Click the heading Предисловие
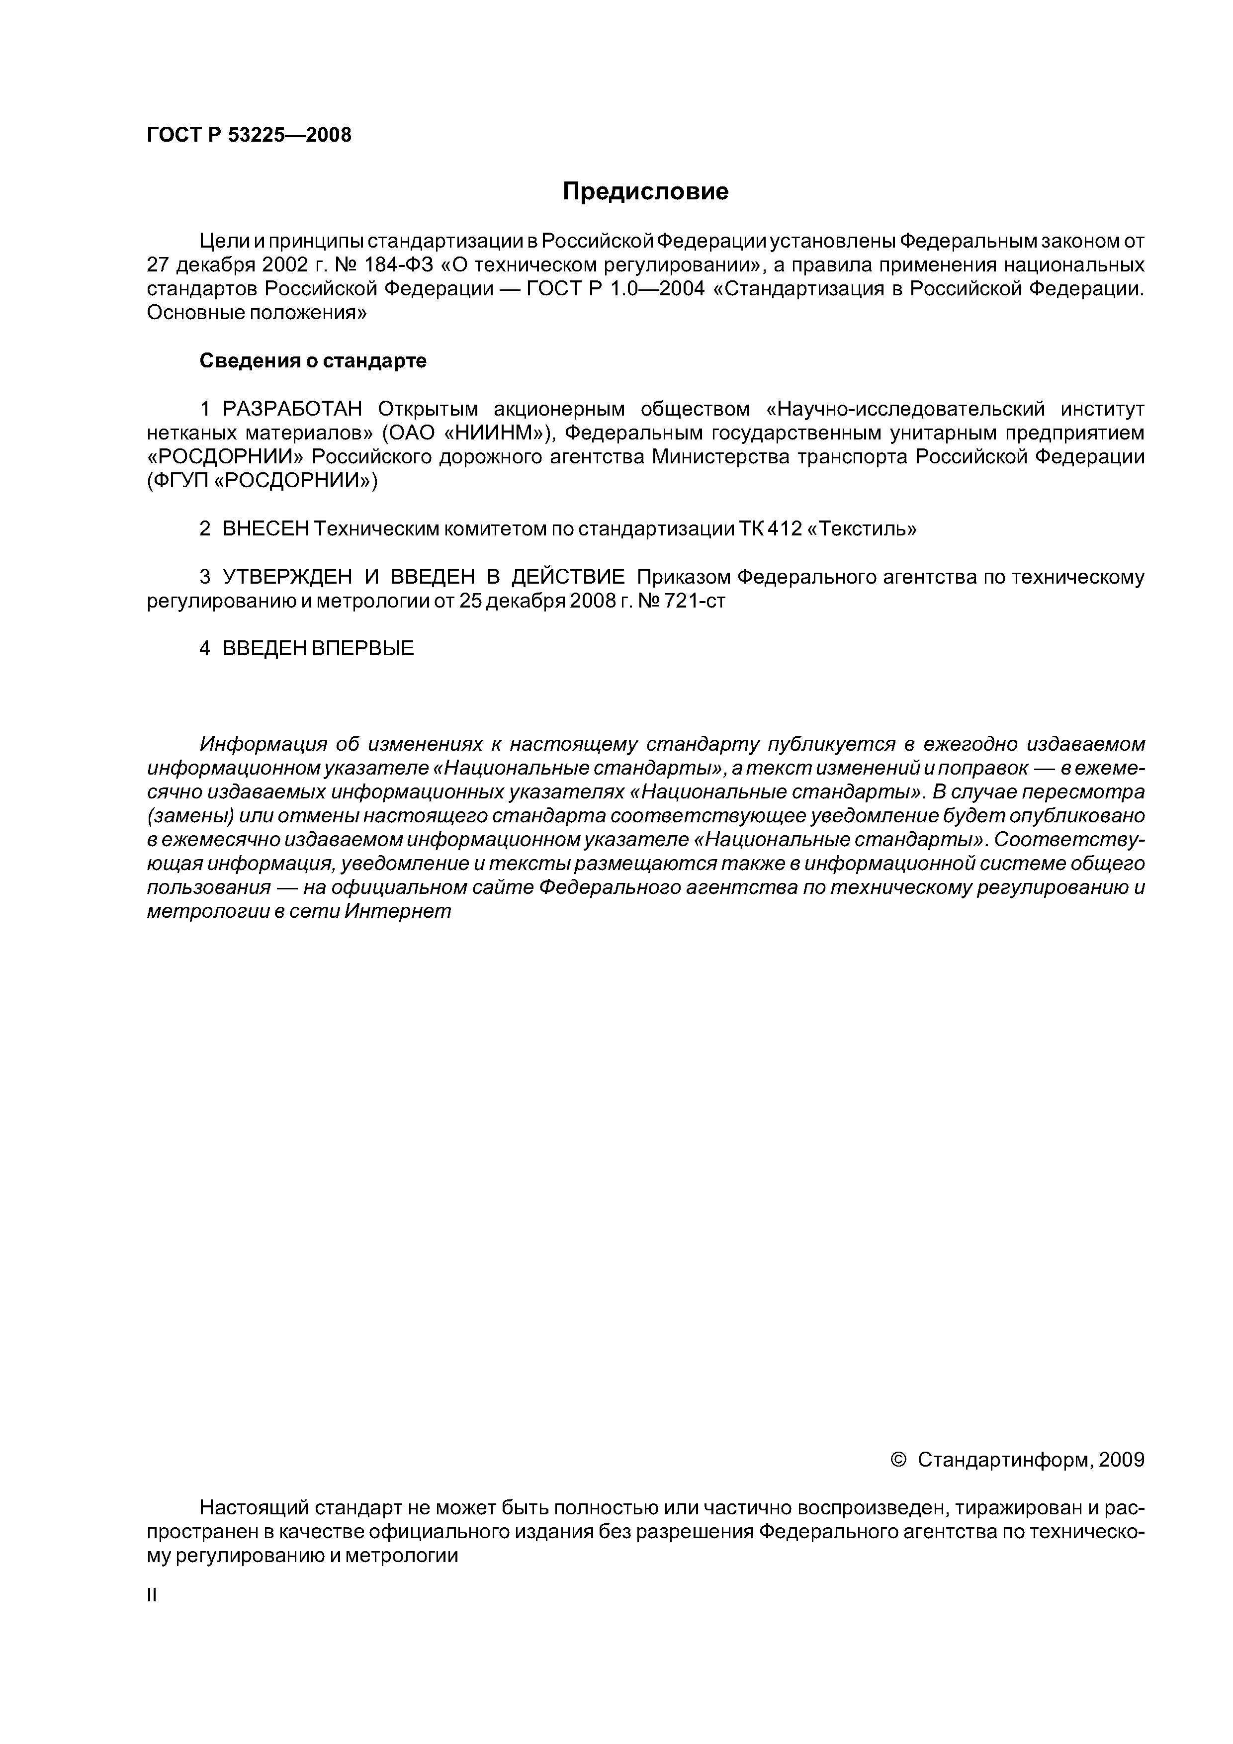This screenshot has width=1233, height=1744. point(645,191)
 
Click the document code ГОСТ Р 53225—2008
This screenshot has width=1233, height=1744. point(249,135)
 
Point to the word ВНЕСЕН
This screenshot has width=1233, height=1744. point(266,528)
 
